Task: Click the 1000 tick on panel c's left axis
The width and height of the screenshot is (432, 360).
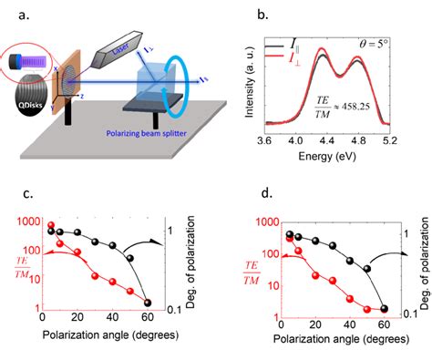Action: point(26,221)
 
